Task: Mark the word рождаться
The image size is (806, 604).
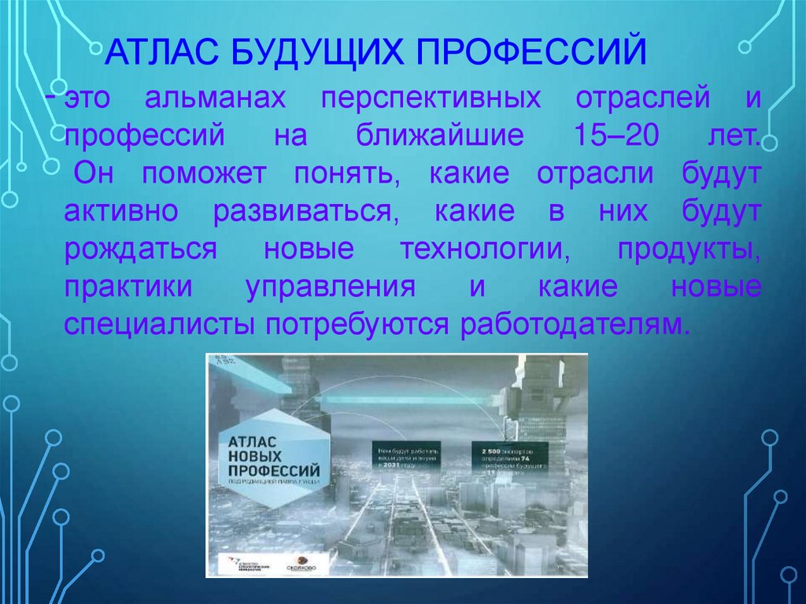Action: click(140, 249)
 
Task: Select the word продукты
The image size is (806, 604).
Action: click(689, 249)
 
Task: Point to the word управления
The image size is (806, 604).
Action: click(330, 287)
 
